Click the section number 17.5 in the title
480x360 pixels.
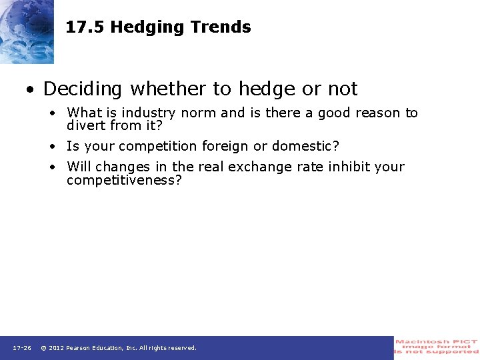(85, 27)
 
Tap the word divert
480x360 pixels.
(85, 125)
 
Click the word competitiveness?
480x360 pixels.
(124, 180)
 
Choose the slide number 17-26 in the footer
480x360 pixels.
(22, 348)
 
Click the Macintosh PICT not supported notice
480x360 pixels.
(437, 347)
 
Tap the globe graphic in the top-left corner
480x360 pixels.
(27, 30)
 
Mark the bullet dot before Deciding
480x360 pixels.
(31, 89)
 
